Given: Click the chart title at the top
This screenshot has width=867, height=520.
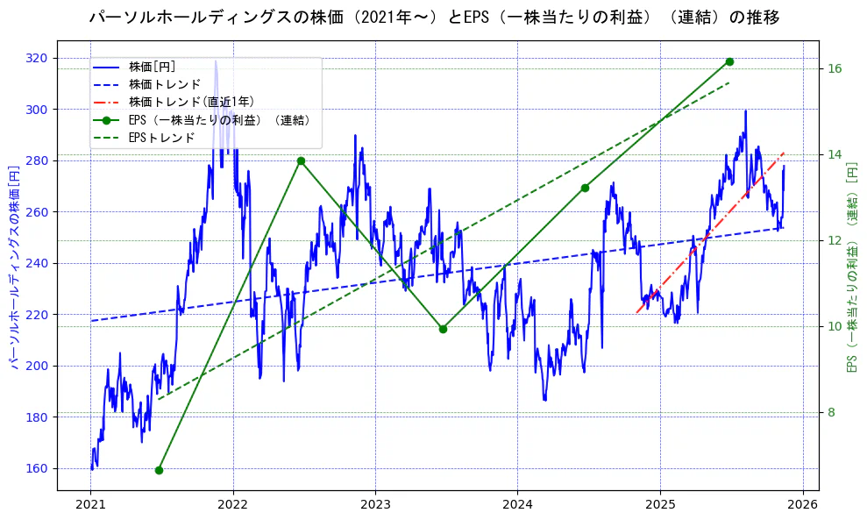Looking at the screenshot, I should [434, 18].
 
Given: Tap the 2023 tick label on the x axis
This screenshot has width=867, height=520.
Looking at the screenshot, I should [375, 504].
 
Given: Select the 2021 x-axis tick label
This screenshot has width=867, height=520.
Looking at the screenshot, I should [91, 504].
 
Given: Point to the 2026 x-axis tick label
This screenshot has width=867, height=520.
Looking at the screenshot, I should [802, 504].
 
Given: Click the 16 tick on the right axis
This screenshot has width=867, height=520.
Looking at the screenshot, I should [835, 69].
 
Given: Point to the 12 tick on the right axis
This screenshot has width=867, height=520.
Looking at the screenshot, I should [835, 241].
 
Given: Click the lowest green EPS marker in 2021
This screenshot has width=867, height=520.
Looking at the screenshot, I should [159, 470].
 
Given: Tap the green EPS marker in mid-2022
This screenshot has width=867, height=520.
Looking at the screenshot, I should [301, 160].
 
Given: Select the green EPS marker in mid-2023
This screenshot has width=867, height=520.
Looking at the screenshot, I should [443, 329].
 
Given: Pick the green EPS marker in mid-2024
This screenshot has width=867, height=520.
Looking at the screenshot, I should [585, 188].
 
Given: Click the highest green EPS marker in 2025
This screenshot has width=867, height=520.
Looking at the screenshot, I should [729, 61].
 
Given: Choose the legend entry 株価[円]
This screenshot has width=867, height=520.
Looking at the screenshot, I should [152, 67].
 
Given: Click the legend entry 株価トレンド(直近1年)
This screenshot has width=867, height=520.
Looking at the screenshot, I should [191, 102].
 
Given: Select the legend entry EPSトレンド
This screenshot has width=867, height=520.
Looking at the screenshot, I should [161, 138].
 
